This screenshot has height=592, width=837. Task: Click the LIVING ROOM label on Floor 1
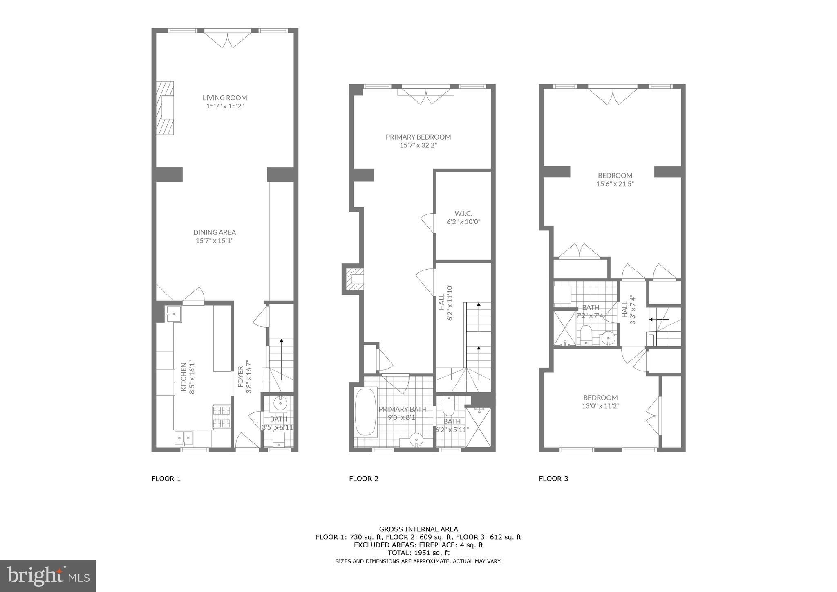[225, 97]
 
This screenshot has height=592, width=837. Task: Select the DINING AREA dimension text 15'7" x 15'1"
[215, 241]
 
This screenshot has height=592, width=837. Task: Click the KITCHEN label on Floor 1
[184, 377]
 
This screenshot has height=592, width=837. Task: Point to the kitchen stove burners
[222, 416]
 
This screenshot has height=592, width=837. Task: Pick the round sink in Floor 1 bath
[280, 403]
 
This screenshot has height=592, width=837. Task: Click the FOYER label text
[241, 376]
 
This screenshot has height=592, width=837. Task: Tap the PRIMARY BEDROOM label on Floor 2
[418, 137]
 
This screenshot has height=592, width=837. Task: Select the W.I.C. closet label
[463, 213]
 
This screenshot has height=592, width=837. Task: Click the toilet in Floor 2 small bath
[448, 406]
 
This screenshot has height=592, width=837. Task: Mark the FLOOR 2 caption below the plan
[364, 479]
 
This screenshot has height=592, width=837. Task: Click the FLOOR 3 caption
[553, 479]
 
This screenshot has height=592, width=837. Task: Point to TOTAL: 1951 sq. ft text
[418, 553]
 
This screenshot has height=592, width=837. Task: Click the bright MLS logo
[48, 576]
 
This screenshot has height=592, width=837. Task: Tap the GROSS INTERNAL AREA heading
[418, 529]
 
